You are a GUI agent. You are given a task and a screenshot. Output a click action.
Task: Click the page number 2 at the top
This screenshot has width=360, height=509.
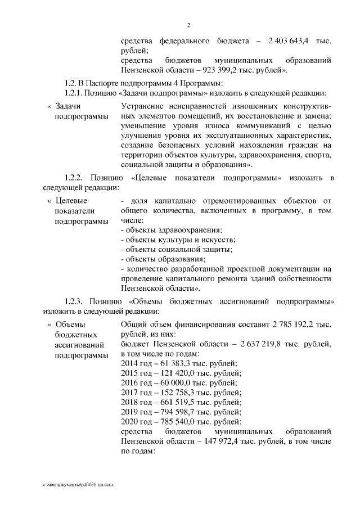coord(189,25)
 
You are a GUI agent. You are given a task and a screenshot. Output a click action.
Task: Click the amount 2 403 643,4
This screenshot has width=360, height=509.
coord(290,42)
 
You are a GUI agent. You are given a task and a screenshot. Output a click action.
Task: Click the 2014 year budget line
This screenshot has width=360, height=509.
coord(179,363)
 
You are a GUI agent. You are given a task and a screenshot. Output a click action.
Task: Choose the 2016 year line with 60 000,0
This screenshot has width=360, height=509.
coord(179,383)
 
